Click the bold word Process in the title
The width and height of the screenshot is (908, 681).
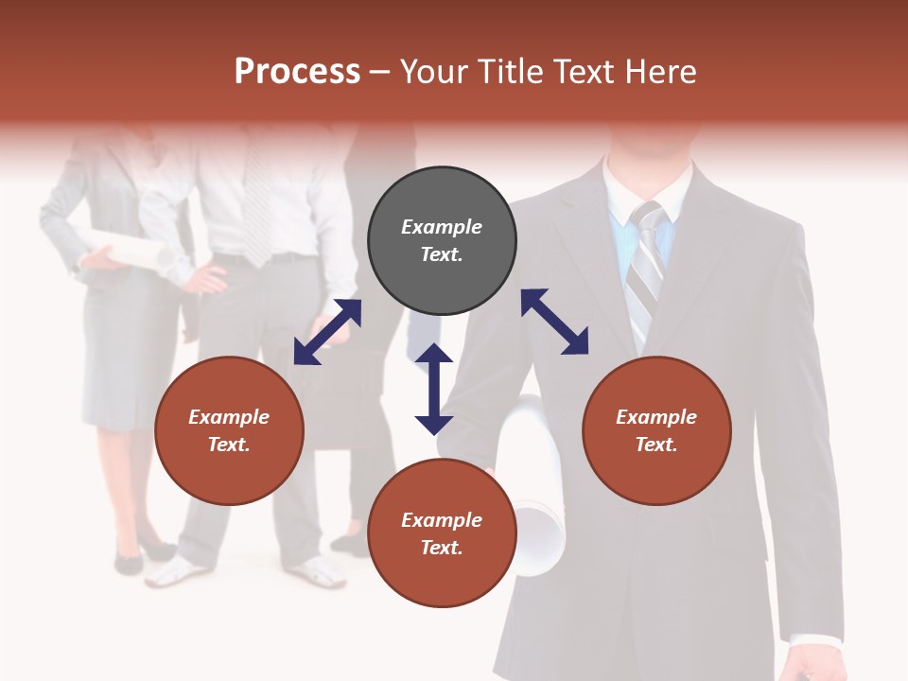point(297,72)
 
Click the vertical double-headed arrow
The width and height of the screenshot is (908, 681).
point(434,389)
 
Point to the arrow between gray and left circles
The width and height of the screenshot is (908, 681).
point(327,332)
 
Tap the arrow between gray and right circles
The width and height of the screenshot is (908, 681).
point(554,322)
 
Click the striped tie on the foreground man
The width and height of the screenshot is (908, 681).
point(646,274)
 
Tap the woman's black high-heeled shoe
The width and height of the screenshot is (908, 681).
point(128,563)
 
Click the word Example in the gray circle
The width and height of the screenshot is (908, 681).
point(442,227)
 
